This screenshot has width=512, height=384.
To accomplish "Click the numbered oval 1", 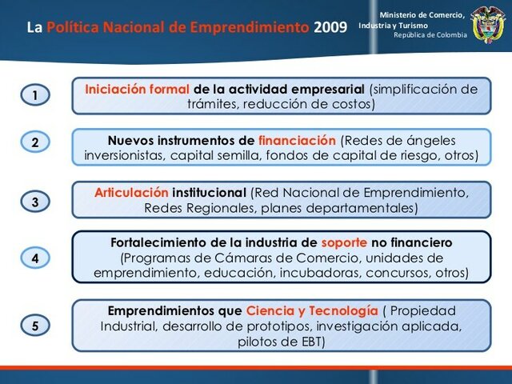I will [34, 96].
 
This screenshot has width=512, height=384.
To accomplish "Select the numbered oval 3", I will [34, 202].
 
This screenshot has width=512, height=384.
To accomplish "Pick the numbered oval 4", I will [34, 258].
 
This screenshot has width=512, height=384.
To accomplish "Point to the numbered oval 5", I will [34, 326].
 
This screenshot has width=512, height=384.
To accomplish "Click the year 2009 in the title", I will [330, 27].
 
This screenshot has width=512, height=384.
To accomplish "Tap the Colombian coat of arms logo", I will [489, 25].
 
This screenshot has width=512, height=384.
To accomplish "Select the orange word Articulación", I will [131, 193].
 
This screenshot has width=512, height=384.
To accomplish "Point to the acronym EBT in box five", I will [314, 342].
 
